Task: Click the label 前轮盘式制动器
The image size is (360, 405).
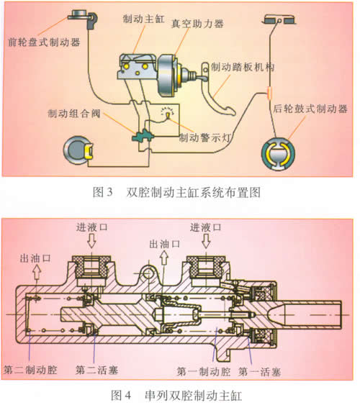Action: coord(44,42)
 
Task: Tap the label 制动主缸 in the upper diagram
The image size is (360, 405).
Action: coord(143,19)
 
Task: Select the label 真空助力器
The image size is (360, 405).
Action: coord(197,24)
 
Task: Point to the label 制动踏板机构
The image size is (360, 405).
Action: coord(243,67)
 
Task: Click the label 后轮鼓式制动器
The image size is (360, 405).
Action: coord(310,109)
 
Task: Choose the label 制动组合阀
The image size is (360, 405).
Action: coord(74,114)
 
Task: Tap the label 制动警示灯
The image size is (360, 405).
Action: coord(205,137)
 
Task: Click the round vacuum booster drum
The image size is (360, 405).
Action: coord(167,75)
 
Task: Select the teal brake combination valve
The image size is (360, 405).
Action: coord(143,136)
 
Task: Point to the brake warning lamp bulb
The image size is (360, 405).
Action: coord(168,114)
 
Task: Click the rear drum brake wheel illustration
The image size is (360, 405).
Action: coord(278,154)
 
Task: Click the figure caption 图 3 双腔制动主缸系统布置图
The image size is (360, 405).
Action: coord(176,192)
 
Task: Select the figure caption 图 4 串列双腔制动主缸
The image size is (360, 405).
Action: coord(176,395)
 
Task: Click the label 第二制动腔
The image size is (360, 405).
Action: coord(30,370)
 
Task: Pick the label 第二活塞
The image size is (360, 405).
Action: coord(97,370)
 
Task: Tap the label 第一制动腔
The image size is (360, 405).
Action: coord(204,371)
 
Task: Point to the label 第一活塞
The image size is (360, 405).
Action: coord(259,372)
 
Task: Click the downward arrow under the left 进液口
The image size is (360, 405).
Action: coord(91,241)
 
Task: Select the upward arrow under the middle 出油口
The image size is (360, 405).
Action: coord(164,258)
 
